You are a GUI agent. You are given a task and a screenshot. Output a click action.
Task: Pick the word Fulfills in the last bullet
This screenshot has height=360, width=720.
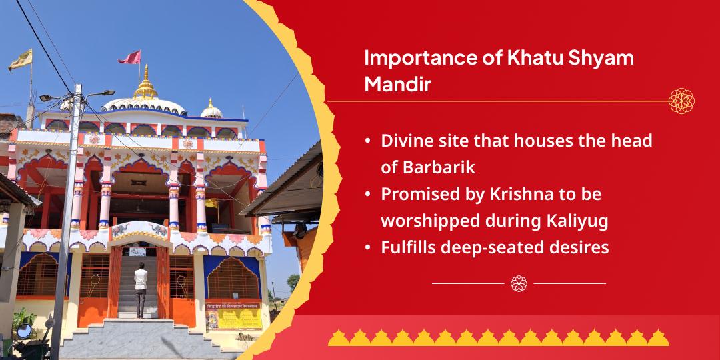(409, 247)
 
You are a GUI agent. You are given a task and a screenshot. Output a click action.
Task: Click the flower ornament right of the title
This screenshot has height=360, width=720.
(681, 101)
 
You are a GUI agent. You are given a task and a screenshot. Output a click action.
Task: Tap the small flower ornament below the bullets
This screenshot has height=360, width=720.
(519, 283)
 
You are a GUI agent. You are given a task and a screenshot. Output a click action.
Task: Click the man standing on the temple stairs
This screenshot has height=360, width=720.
(141, 288)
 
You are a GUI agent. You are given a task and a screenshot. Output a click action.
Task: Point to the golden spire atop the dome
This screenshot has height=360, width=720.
(146, 85)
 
